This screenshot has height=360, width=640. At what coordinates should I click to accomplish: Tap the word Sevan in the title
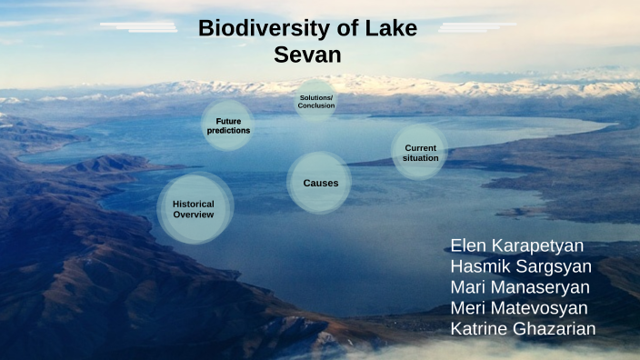tap(307, 55)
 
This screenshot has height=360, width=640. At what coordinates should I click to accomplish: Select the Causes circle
tap(320, 183)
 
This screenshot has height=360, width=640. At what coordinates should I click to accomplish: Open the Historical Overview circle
tap(194, 210)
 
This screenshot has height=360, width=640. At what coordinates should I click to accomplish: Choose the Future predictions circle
tap(228, 125)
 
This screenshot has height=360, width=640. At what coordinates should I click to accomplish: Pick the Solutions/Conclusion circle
tap(316, 102)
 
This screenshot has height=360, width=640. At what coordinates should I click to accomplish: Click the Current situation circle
tap(420, 153)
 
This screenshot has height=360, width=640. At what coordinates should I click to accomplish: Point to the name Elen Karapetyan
tap(517, 246)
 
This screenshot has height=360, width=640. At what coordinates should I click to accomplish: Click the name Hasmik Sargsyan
tap(521, 267)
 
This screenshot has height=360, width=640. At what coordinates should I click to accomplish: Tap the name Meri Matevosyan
tap(519, 308)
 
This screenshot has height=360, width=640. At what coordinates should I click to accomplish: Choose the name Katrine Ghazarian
tap(523, 328)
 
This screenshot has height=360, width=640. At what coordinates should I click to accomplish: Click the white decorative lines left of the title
tap(141, 27)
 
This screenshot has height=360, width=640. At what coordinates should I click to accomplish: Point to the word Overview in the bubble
tap(194, 215)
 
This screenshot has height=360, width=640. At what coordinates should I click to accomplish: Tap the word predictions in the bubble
tap(228, 131)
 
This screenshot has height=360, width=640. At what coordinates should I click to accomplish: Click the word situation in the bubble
tap(420, 158)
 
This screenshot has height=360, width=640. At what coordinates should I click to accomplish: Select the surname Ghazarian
tap(556, 328)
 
